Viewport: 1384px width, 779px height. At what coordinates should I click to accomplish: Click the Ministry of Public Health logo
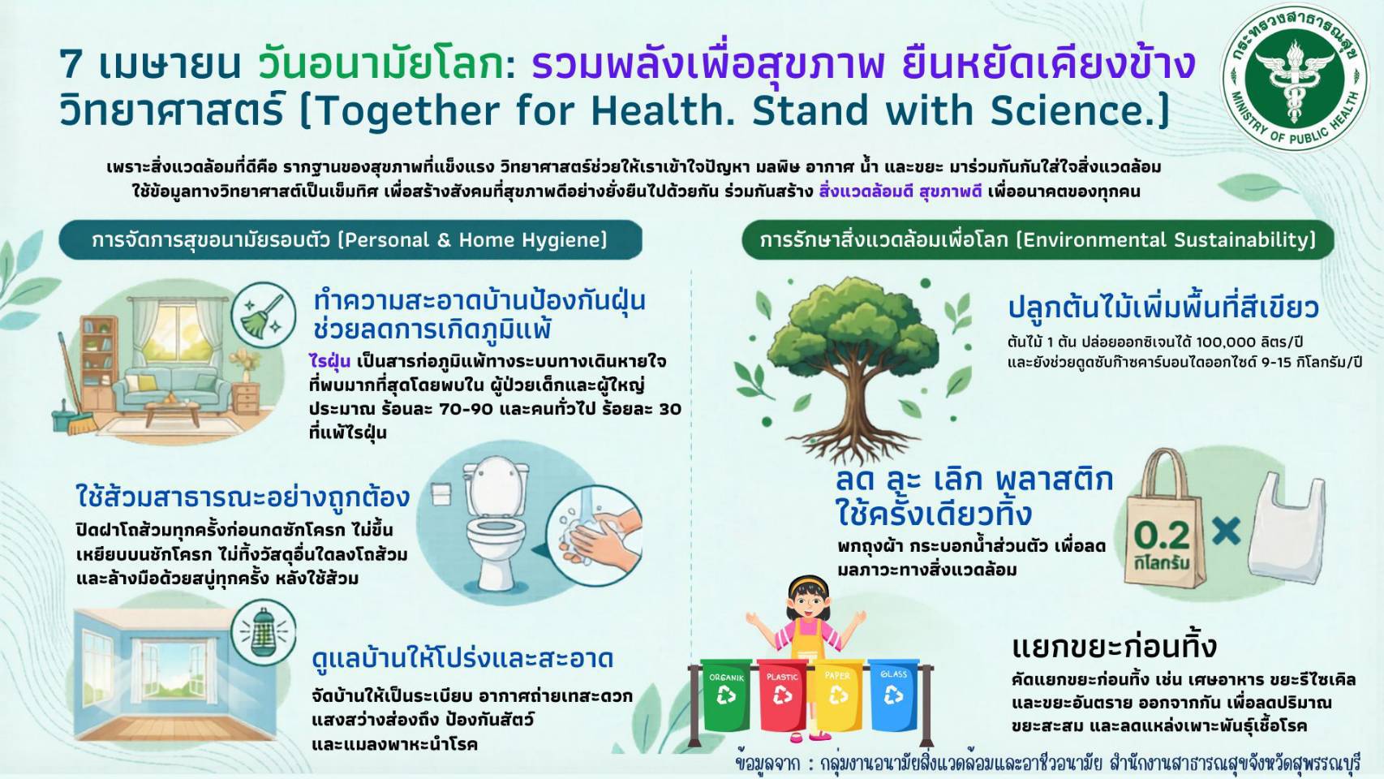(1295, 77)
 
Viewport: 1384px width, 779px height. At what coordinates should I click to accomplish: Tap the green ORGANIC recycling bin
(726, 695)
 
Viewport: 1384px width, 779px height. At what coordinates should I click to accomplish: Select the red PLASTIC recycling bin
(782, 695)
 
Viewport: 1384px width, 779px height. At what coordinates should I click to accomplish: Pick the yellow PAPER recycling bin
(838, 695)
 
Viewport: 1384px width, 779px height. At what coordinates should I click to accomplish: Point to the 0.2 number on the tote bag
(1162, 536)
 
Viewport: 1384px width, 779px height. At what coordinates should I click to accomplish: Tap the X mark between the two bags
(1226, 532)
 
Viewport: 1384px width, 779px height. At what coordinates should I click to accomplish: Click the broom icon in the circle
(263, 316)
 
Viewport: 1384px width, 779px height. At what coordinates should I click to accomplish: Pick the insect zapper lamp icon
(263, 632)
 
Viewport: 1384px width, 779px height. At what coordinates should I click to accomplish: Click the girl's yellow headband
(808, 582)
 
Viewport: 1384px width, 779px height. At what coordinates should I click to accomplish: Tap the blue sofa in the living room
(171, 389)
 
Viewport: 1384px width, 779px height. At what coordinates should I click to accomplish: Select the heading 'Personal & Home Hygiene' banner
(350, 240)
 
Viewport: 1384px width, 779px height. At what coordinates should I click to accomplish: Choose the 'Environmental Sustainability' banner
(1038, 240)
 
